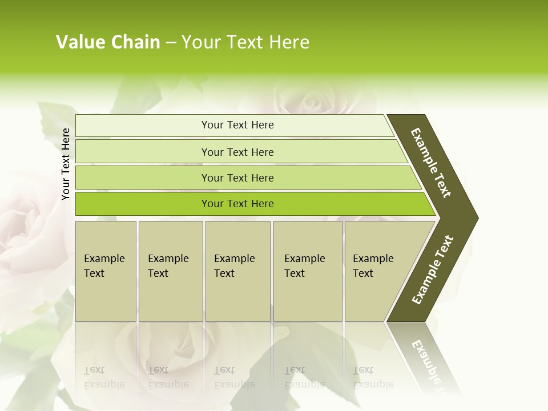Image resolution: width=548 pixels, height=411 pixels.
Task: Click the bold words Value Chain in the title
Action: click(108, 42)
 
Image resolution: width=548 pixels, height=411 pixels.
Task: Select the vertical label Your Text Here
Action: click(66, 164)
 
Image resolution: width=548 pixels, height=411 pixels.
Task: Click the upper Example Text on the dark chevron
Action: click(431, 163)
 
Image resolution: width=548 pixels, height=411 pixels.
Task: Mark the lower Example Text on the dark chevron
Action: click(433, 270)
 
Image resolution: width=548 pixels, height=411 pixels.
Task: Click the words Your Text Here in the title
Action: click(245, 42)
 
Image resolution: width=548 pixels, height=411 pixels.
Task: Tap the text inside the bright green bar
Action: click(237, 204)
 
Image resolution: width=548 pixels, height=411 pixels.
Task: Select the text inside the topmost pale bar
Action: click(237, 125)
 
